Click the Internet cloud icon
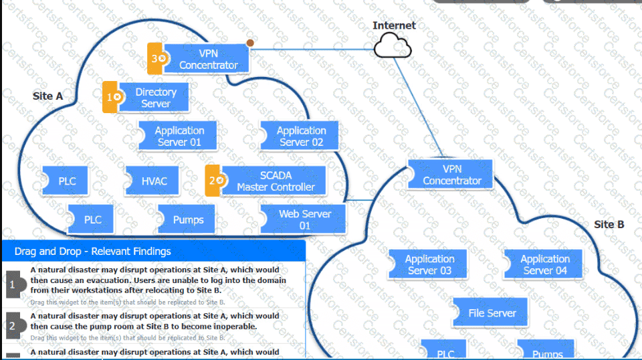[392, 46]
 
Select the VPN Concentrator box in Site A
[209, 59]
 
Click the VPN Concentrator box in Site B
[452, 175]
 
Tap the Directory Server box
[155, 98]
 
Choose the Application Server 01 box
[179, 136]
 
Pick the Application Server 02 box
[301, 136]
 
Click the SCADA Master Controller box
[276, 181]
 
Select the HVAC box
[154, 181]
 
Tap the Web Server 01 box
[304, 219]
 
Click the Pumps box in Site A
[188, 219]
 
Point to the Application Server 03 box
[429, 264]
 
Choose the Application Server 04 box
[545, 264]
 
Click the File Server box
[492, 312]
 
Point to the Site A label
[47, 96]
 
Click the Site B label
[609, 225]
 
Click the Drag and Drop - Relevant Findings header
[93, 252]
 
